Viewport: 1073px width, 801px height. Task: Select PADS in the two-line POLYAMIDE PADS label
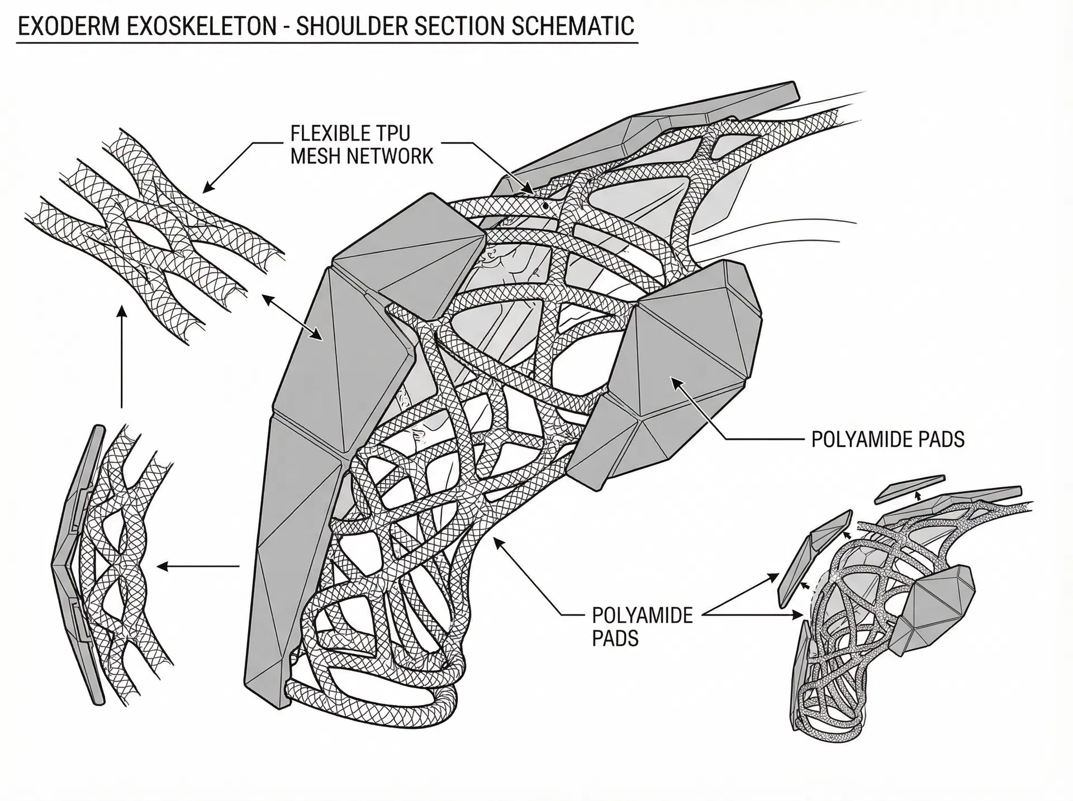tap(615, 638)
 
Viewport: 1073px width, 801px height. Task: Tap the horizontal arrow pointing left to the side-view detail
tap(198, 566)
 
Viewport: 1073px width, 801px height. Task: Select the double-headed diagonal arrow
tap(292, 317)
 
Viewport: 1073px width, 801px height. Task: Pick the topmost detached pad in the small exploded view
tap(909, 487)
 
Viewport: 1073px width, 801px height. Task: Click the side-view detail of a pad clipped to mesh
tap(112, 564)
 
